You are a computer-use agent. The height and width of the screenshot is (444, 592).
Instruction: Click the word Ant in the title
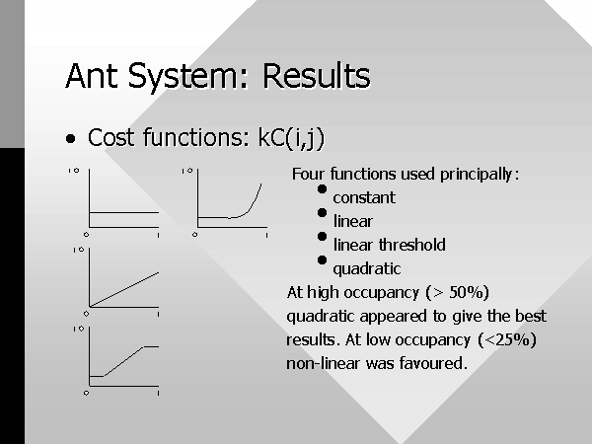pos(91,76)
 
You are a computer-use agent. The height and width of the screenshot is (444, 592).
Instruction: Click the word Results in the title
pos(317,76)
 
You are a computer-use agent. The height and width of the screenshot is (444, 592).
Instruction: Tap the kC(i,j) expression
pos(291,138)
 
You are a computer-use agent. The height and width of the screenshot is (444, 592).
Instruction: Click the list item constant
pos(364,197)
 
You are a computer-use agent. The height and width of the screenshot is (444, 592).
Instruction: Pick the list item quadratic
pos(367,269)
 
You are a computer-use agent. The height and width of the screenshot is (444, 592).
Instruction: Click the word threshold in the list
pos(411,245)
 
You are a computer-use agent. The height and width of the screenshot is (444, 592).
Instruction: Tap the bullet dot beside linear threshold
pos(322,237)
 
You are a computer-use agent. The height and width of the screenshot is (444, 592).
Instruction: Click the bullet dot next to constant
pos(322,189)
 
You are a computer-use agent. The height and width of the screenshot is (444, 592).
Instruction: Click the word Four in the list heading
pos(308,174)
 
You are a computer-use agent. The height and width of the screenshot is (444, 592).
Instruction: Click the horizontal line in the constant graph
pos(124,212)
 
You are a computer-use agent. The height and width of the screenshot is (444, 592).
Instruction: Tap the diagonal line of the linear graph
pos(124,289)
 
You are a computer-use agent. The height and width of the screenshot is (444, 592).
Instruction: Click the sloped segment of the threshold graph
pos(123,361)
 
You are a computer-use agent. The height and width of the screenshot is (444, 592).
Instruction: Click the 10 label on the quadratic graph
pos(187,171)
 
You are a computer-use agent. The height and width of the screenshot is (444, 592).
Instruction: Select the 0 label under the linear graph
pos(87,314)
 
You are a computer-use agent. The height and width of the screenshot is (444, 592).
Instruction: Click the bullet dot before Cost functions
pos(71,138)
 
